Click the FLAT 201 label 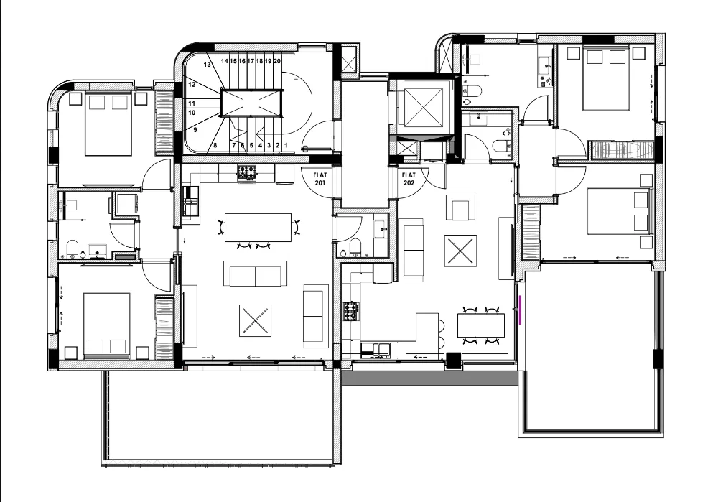[x=320, y=179]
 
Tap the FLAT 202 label [x=409, y=179]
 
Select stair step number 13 [x=207, y=65]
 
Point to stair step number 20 [x=277, y=61]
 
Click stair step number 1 [x=286, y=146]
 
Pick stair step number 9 [x=195, y=130]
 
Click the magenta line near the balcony [x=520, y=310]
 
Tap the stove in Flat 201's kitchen [x=246, y=172]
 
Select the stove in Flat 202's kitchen [x=350, y=312]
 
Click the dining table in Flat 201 [x=258, y=228]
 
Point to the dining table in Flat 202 [x=480, y=325]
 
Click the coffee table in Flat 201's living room [x=255, y=320]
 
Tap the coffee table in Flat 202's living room [x=460, y=251]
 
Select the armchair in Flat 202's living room [x=460, y=208]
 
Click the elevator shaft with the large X [x=423, y=107]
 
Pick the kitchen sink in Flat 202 [x=376, y=349]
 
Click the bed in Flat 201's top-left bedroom [x=108, y=124]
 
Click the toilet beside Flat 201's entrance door [x=355, y=247]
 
